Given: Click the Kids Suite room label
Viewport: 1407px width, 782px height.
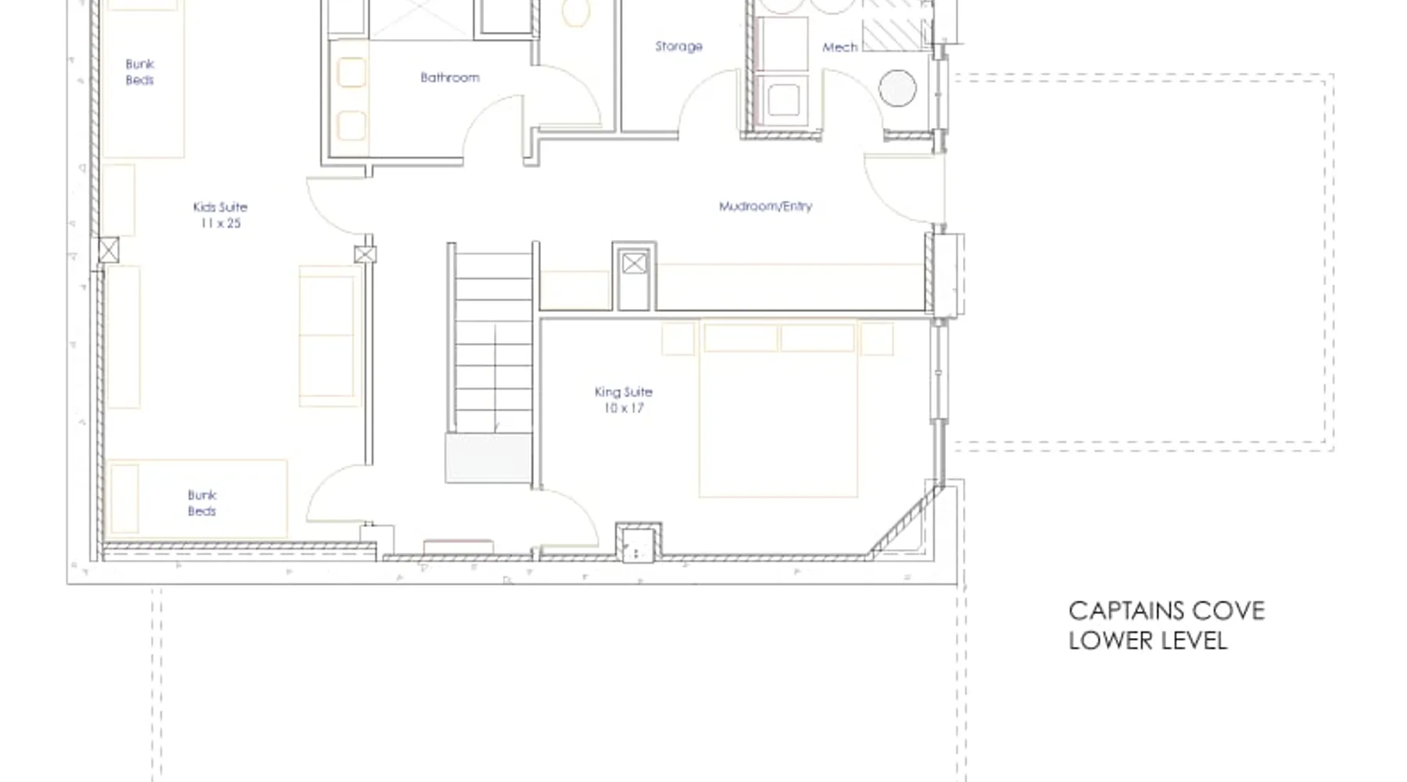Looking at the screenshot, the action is click(x=220, y=207).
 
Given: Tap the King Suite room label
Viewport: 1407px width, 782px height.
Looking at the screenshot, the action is click(x=623, y=392).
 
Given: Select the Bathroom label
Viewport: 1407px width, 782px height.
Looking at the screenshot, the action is click(x=450, y=77).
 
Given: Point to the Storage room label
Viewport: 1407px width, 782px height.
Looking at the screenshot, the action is click(x=678, y=46).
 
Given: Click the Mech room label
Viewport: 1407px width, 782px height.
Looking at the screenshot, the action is click(x=840, y=47).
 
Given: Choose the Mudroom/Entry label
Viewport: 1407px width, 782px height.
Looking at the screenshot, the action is click(x=765, y=206).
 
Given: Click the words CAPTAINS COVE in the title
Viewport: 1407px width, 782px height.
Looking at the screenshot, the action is click(x=1166, y=611).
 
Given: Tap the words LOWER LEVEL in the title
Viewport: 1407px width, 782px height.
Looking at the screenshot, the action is click(x=1147, y=640).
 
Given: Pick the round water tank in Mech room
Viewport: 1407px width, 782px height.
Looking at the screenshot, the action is click(x=897, y=88).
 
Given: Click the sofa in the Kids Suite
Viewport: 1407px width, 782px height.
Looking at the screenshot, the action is click(x=327, y=336).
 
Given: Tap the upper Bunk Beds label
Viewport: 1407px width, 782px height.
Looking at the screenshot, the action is click(x=140, y=72).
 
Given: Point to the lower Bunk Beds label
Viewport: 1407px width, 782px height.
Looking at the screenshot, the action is click(x=202, y=503).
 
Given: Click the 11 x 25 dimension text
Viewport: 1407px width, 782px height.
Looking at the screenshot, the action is click(x=220, y=224).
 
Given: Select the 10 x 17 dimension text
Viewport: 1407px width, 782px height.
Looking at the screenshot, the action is click(x=623, y=408).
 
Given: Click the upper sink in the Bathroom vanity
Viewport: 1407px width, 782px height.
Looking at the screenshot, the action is click(x=352, y=73).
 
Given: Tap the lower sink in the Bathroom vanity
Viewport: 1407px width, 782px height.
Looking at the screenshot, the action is click(x=352, y=125).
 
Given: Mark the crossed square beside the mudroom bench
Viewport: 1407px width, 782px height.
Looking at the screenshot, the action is click(x=634, y=264).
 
